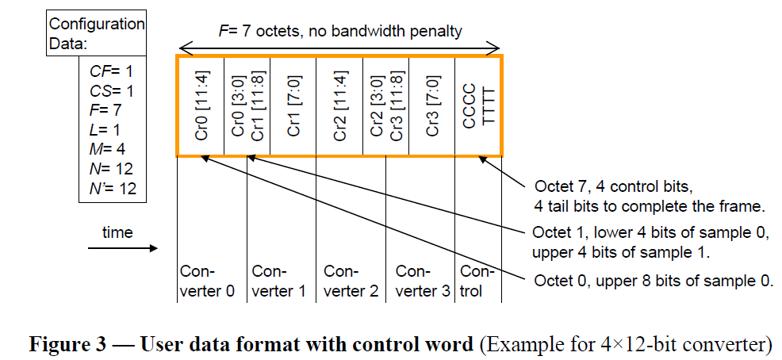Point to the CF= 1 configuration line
point(111,71)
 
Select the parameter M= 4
point(107,147)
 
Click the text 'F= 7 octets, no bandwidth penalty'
point(339,31)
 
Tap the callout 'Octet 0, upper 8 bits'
point(654,281)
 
